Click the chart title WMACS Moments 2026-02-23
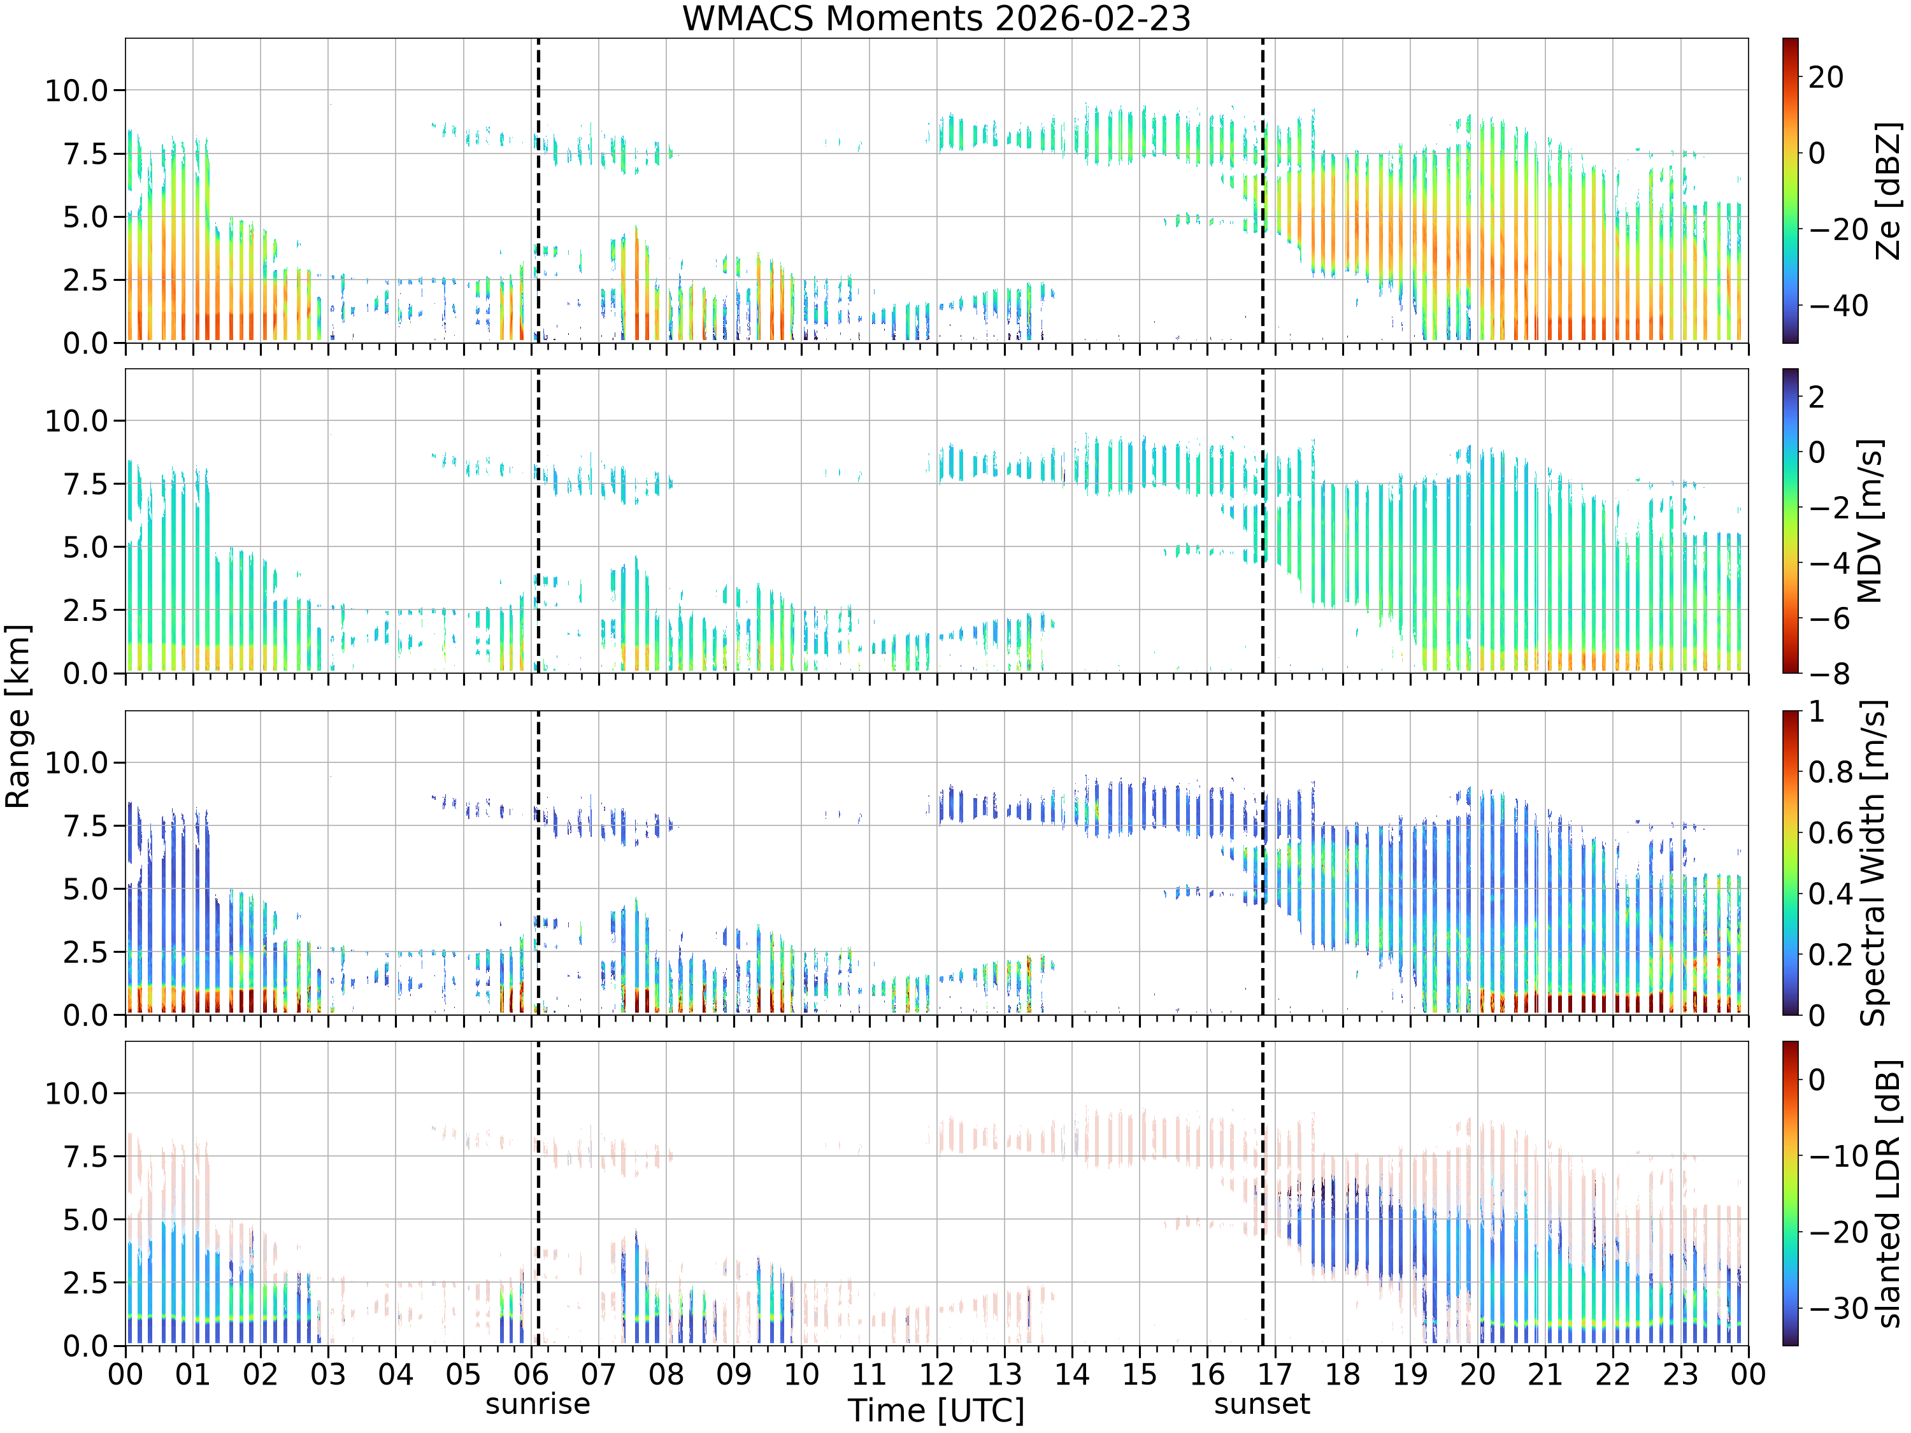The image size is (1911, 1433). pos(936,18)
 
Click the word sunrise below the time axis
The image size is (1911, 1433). pos(538,1404)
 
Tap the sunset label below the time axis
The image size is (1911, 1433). pos(1262,1404)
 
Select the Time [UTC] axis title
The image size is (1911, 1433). pos(936,1411)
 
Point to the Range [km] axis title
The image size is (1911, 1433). pos(18,716)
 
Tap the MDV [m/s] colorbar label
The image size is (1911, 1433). pos(1869,521)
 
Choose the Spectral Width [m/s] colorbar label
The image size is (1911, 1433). pos(1872,863)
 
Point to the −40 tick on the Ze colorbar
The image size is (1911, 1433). pos(1838,306)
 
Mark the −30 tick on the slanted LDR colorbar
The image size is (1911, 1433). pos(1838,1308)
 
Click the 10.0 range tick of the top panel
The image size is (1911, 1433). pos(77,90)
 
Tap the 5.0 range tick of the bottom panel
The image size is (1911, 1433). pos(87,1220)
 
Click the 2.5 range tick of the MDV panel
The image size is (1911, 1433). pos(87,610)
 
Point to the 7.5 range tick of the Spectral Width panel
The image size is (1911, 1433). pos(87,826)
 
